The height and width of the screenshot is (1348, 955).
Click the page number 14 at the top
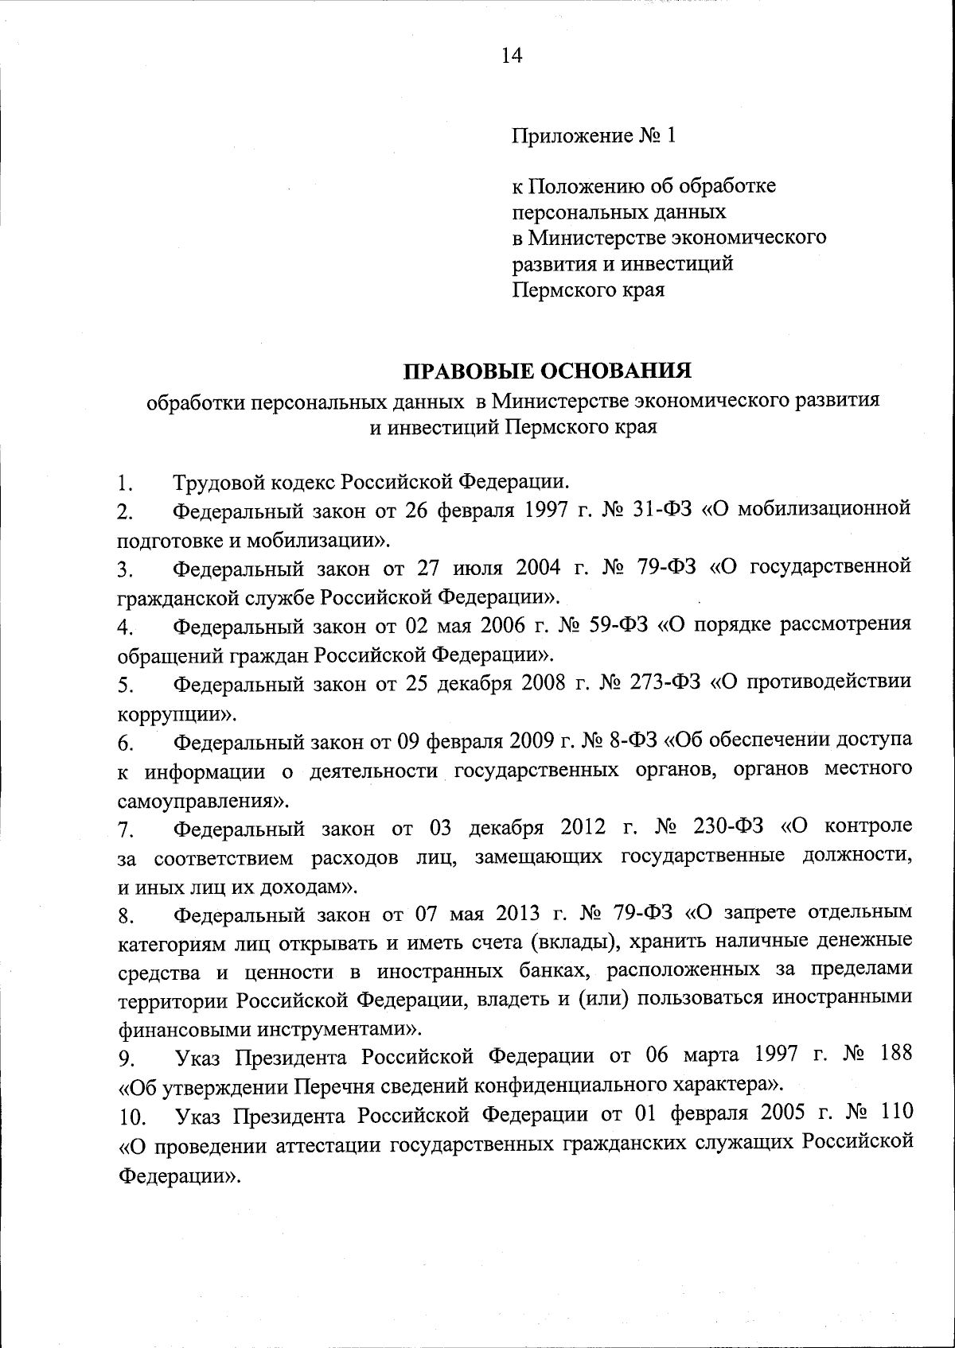pos(512,55)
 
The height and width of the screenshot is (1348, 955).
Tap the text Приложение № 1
pos(593,136)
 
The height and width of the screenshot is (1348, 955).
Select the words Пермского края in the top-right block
pos(587,289)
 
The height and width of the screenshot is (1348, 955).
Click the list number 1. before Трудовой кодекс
pos(123,483)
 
